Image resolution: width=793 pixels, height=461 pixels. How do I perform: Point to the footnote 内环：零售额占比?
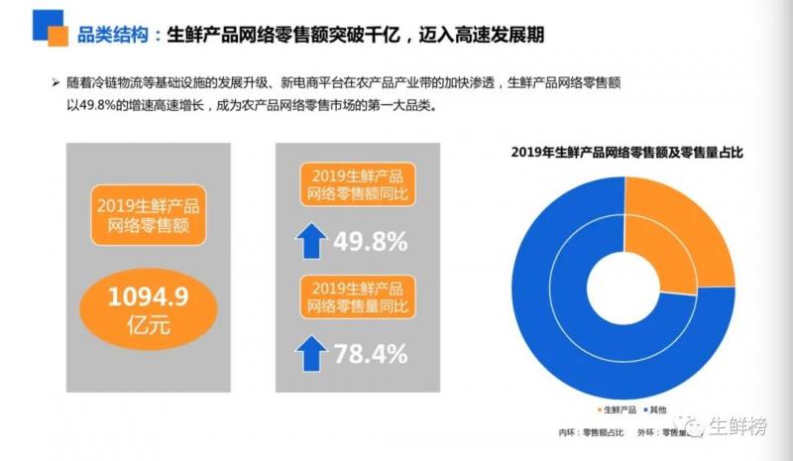click(591, 432)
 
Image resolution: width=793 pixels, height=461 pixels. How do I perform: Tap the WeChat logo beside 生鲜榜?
click(690, 426)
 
